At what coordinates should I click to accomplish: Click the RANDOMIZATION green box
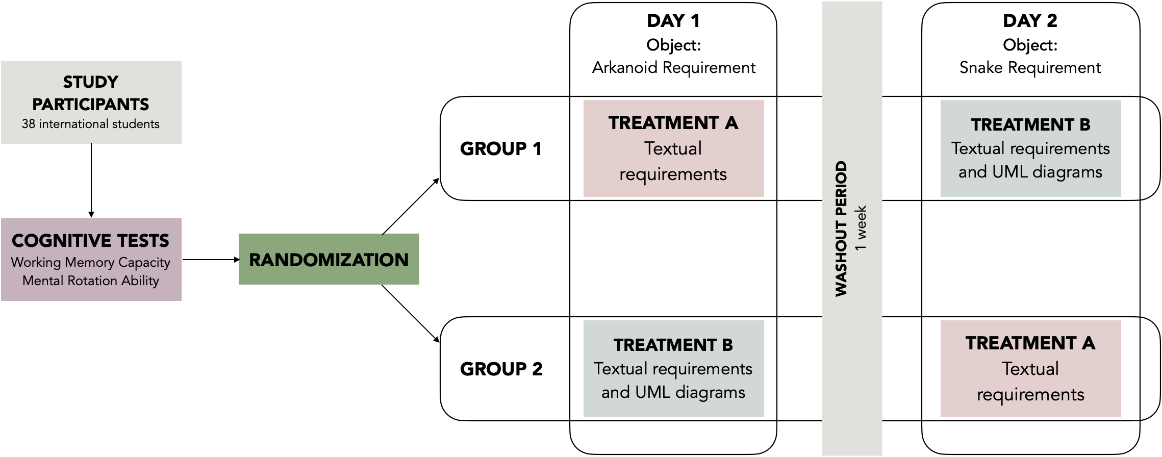329,259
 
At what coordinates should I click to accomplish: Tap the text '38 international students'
90,124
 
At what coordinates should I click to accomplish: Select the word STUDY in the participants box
90,82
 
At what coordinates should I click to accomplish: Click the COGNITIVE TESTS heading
90,241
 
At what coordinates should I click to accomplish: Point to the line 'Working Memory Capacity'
90,262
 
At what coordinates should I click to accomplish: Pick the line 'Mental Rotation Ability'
90,281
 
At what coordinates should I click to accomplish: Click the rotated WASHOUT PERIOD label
841,229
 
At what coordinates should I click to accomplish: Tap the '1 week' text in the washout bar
861,227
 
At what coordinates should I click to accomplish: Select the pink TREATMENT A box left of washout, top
673,148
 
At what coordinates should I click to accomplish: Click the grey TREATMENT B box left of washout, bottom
673,369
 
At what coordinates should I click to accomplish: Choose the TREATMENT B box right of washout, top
1030,148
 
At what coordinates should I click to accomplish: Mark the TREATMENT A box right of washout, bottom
1030,369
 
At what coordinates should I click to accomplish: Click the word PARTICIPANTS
90,104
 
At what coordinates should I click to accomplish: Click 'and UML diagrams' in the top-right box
1030,172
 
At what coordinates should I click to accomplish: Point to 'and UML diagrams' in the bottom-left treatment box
673,392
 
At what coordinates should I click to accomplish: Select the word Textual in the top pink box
673,148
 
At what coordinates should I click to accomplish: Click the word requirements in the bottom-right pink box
1030,394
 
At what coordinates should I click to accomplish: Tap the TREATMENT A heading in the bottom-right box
1030,343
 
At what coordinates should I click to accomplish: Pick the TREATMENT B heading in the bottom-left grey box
673,345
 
